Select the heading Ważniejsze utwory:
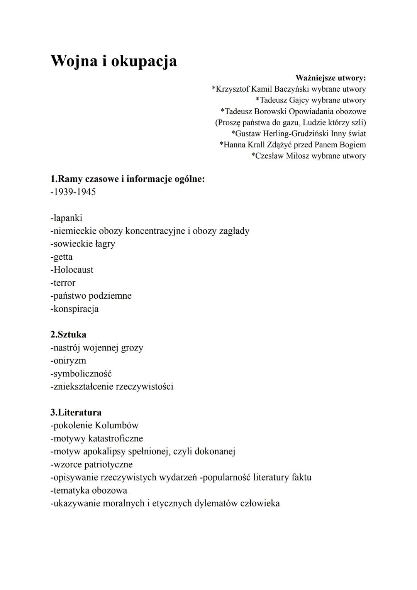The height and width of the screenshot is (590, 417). pyautogui.click(x=330, y=78)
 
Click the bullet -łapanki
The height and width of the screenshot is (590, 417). pyautogui.click(x=66, y=218)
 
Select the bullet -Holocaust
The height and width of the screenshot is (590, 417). pyautogui.click(x=72, y=270)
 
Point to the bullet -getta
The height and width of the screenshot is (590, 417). pyautogui.click(x=61, y=257)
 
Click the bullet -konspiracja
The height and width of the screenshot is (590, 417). pyautogui.click(x=75, y=309)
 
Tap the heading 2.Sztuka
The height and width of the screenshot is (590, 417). pyautogui.click(x=68, y=334)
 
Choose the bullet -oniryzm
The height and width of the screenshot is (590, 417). pyautogui.click(x=68, y=361)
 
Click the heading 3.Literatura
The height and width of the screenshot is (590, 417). pyautogui.click(x=76, y=412)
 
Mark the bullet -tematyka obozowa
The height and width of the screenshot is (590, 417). pyautogui.click(x=89, y=490)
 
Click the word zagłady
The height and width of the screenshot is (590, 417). pyautogui.click(x=234, y=231)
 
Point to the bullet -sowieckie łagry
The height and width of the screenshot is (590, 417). pyautogui.click(x=83, y=244)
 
